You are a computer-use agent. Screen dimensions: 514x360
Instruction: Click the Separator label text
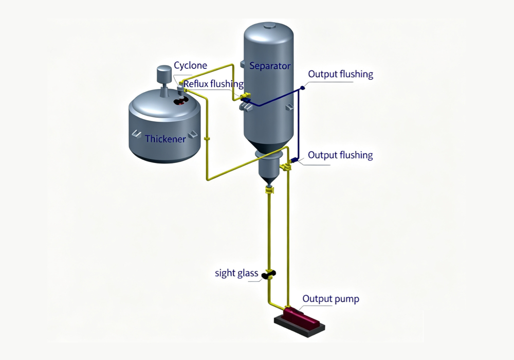tap(270, 66)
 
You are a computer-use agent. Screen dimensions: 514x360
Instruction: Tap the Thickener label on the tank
tap(165, 139)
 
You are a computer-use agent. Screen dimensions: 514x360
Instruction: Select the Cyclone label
tap(190, 66)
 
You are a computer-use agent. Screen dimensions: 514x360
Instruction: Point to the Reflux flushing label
tap(213, 84)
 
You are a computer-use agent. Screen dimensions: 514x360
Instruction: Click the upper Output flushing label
tap(341, 74)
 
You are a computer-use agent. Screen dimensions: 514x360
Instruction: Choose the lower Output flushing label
tap(340, 155)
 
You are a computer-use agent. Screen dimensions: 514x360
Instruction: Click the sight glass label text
tap(236, 273)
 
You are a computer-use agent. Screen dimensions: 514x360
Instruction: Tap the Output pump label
tap(331, 299)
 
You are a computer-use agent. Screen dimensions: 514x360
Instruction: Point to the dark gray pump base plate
tap(300, 326)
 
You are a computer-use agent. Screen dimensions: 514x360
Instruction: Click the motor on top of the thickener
tap(164, 75)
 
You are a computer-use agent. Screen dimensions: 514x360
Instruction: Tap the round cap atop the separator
tap(269, 26)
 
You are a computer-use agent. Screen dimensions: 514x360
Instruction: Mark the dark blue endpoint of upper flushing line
tap(303, 87)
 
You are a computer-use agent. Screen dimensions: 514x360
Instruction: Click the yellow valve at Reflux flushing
tap(245, 96)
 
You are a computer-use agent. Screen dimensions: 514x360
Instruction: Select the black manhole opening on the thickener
tap(180, 101)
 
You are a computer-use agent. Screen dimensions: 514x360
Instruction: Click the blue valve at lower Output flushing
tap(293, 160)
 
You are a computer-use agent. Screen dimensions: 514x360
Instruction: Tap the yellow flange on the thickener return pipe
tap(207, 139)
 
